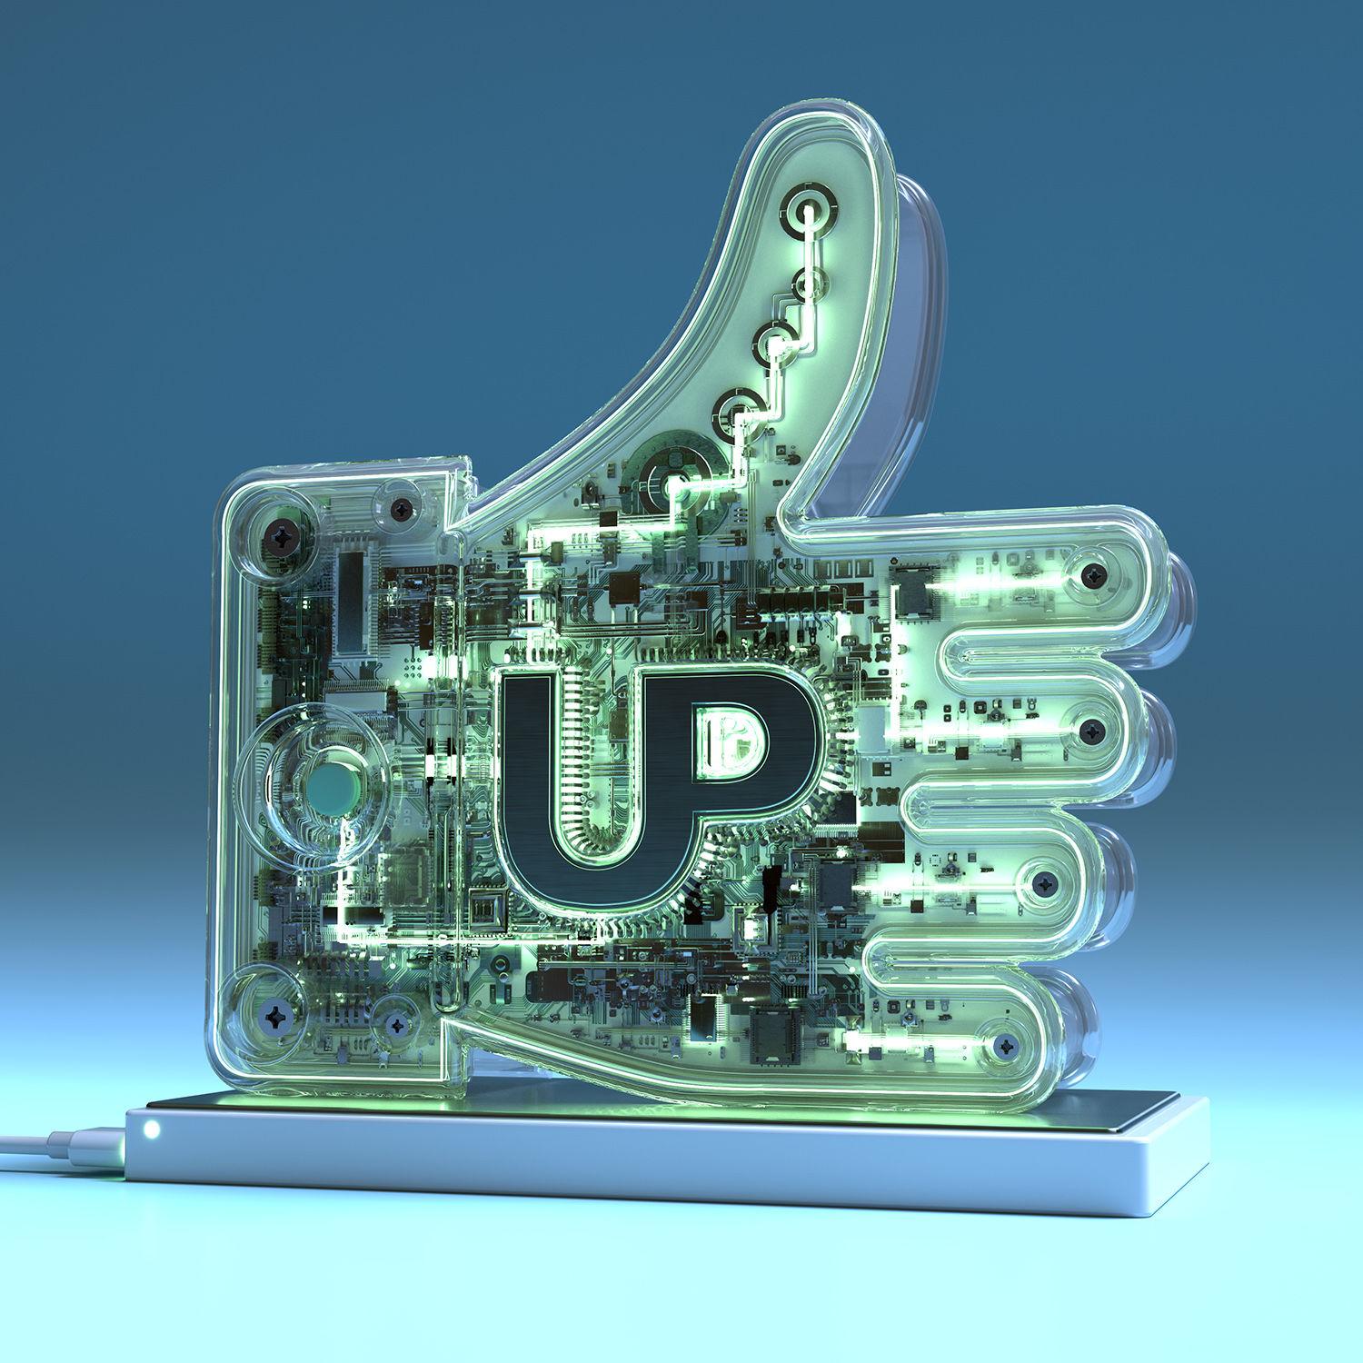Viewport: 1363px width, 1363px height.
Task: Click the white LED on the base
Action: [152, 1129]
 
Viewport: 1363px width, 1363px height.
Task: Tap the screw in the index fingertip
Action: [1093, 574]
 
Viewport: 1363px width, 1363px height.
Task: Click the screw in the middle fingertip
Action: [1091, 730]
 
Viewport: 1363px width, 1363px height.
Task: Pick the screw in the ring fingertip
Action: [1044, 882]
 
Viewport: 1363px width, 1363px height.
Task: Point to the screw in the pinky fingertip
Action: [1005, 1047]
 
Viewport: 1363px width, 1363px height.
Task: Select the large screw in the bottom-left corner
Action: [274, 1016]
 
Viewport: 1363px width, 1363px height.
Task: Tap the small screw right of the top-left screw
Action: [402, 510]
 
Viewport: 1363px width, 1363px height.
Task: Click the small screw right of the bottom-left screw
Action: [396, 1025]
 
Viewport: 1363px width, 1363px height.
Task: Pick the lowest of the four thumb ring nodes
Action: [737, 413]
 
